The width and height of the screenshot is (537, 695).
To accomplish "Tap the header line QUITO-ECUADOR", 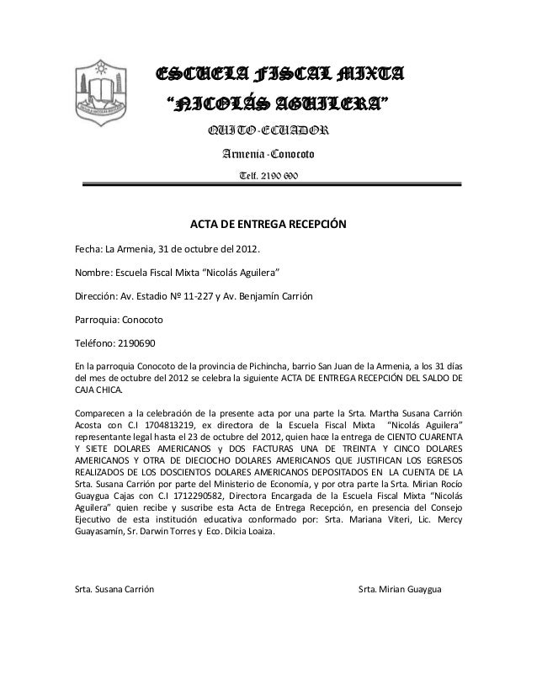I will (x=268, y=130).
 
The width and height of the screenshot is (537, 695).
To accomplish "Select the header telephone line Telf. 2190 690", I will (x=268, y=175).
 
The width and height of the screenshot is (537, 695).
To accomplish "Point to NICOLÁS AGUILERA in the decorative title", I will (x=277, y=105).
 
